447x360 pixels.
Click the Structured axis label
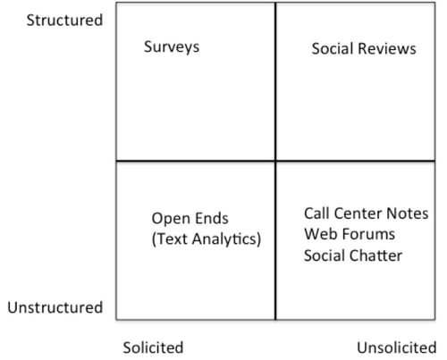(x=64, y=21)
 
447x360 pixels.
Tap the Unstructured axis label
(x=55, y=307)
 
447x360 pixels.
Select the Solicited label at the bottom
(x=153, y=347)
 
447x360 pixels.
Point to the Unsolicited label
(x=397, y=347)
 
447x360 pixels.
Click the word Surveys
(x=172, y=47)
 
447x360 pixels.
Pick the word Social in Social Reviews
(x=330, y=48)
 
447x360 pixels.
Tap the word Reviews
(x=384, y=48)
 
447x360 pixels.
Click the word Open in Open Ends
(x=166, y=219)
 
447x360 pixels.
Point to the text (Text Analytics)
(x=207, y=239)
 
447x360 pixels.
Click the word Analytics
(x=226, y=239)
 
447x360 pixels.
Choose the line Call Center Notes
(x=367, y=213)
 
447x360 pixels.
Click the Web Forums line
(x=350, y=234)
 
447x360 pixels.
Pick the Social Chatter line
(x=353, y=255)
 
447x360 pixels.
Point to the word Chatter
(x=376, y=255)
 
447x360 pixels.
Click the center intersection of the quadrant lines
(x=275, y=161)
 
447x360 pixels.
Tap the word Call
(x=316, y=213)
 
